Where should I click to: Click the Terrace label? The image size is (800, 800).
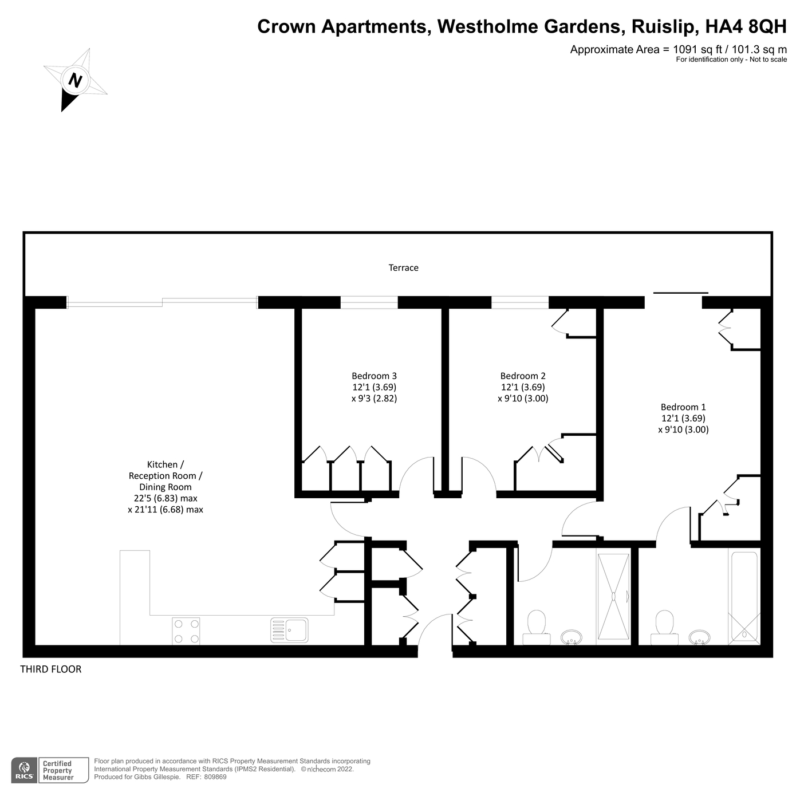(403, 268)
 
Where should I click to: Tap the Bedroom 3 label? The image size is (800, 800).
(374, 376)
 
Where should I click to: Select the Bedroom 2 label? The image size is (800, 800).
(523, 376)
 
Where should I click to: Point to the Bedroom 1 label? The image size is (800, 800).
(683, 407)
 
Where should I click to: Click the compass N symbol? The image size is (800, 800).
(75, 80)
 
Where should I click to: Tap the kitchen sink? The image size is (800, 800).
(289, 630)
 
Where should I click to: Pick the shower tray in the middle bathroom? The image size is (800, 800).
(613, 597)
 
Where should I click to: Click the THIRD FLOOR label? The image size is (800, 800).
(51, 669)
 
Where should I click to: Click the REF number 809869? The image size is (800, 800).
(215, 777)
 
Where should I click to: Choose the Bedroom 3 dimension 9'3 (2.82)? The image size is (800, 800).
(374, 399)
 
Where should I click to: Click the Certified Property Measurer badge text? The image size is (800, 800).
(58, 770)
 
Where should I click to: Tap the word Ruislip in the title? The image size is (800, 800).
(664, 27)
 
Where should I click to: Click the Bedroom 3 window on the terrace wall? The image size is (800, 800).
(369, 302)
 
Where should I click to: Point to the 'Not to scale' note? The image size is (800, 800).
(768, 60)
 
